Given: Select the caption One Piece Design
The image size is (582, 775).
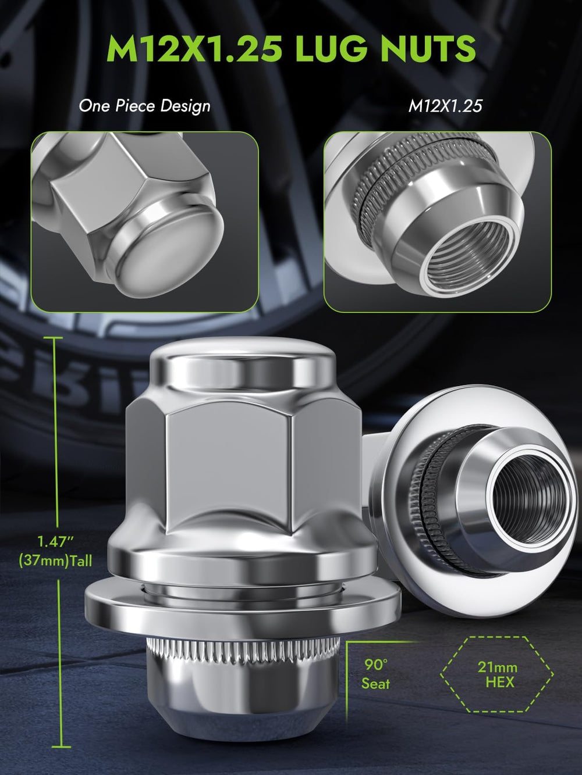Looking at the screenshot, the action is click(144, 106).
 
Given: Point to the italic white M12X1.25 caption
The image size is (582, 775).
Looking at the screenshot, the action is click(445, 106).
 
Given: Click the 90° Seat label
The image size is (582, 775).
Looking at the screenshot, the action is click(375, 675).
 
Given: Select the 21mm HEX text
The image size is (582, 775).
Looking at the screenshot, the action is click(498, 674).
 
